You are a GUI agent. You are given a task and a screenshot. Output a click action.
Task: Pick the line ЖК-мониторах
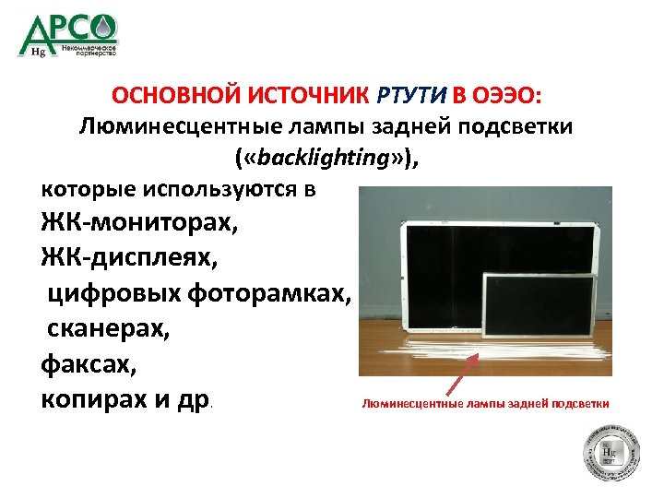coord(133,222)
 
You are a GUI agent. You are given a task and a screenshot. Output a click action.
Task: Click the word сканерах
coord(106,329)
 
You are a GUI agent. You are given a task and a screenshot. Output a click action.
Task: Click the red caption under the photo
coord(485,403)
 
